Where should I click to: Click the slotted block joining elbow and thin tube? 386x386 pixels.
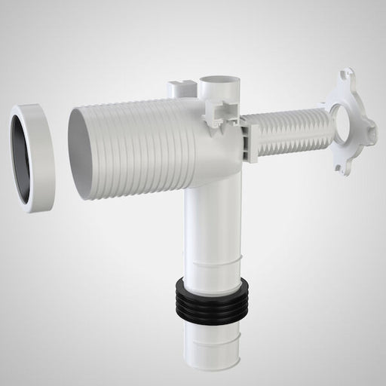(251, 140)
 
